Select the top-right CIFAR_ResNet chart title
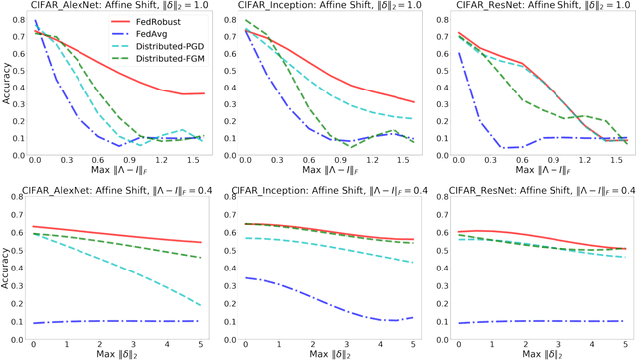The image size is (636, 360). [528, 8]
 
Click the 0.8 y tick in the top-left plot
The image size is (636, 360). [22, 19]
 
